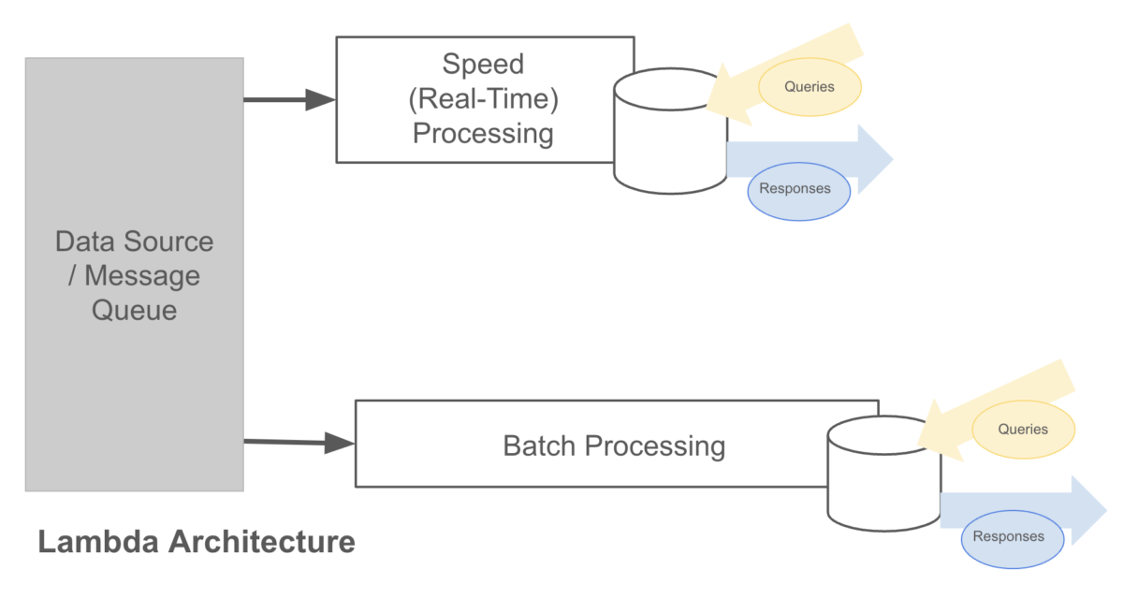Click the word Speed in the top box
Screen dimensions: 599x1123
click(483, 65)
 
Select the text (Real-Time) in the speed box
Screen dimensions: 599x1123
click(484, 99)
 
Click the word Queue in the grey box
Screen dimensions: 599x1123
click(134, 310)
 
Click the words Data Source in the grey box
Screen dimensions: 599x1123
click(134, 241)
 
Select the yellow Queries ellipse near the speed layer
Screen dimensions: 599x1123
click(809, 87)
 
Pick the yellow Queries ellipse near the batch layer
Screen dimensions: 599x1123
click(1023, 430)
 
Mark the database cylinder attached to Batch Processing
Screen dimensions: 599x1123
click(883, 477)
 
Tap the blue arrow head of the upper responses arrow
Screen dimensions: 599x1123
click(874, 159)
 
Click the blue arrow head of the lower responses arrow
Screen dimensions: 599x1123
click(1088, 510)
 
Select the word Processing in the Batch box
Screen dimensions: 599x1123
click(654, 446)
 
